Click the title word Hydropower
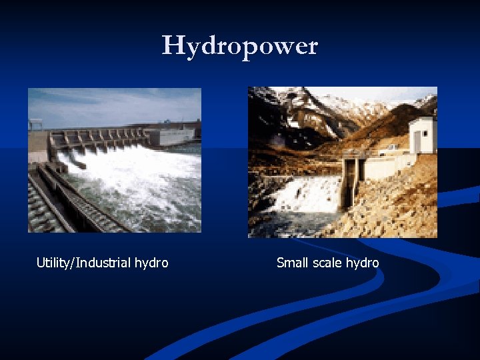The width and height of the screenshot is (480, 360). click(x=240, y=46)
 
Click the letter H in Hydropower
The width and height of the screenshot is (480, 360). click(x=173, y=45)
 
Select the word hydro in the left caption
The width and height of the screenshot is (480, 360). click(x=151, y=263)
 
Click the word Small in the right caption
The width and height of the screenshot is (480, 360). click(x=292, y=263)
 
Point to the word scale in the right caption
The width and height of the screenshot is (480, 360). click(x=327, y=263)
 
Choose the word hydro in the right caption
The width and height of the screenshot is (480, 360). click(x=363, y=263)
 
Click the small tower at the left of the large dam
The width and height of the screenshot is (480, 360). click(x=35, y=125)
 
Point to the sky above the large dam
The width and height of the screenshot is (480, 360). click(x=113, y=103)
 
